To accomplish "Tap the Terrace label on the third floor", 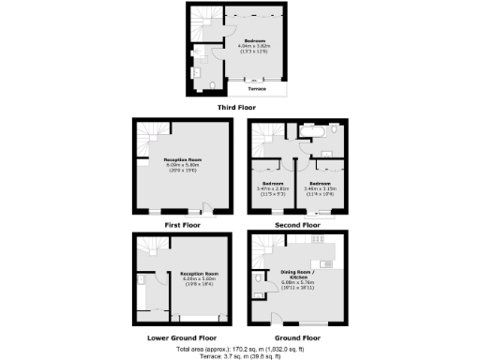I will click(257, 88).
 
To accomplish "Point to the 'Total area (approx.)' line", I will click(239, 349).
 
